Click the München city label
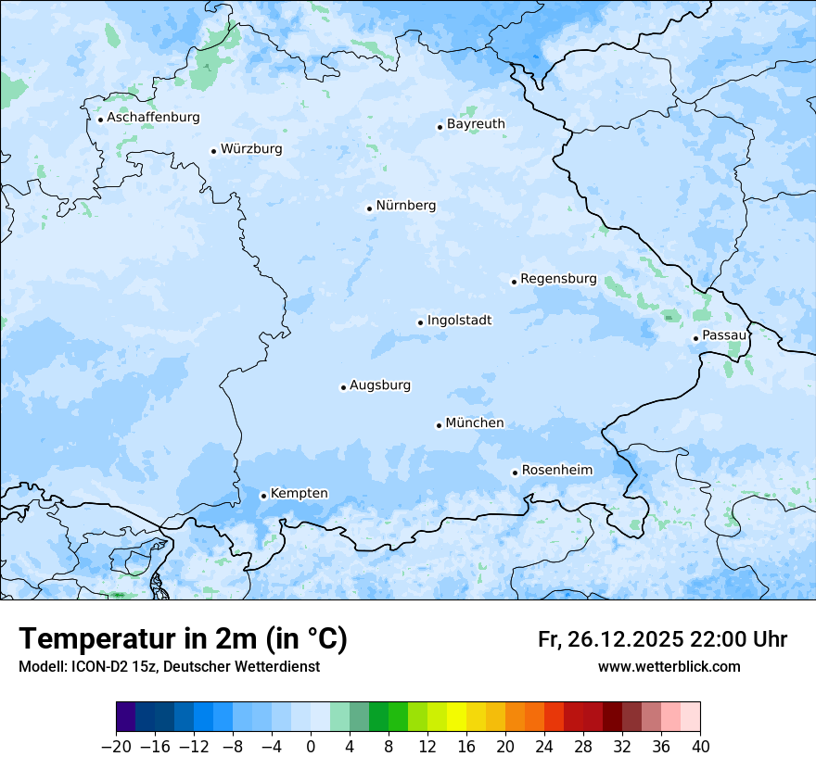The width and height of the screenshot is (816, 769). pos(475,423)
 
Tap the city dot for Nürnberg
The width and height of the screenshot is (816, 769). pos(369,208)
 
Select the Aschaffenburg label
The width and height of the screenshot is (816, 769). pos(153,118)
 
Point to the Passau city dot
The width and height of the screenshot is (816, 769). pos(695,338)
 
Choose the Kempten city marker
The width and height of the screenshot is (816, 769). pos(263,496)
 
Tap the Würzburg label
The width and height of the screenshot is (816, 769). pos(251,149)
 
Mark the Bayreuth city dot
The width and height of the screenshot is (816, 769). pos(440,127)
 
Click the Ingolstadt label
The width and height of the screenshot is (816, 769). pos(459,321)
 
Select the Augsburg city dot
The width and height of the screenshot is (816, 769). pos(343,387)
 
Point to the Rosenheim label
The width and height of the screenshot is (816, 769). pos(556,471)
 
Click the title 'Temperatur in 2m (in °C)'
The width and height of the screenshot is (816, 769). pos(183,639)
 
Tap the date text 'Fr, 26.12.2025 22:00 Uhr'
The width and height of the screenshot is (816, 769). pos(662,640)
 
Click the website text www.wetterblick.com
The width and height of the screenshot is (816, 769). pos(669,667)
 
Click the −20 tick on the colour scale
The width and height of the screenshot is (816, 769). pos(116,747)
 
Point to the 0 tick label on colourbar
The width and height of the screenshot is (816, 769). pos(311,747)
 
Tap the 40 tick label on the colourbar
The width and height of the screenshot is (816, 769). pos(700,747)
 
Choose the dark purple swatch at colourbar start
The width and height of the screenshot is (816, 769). pos(126,717)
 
